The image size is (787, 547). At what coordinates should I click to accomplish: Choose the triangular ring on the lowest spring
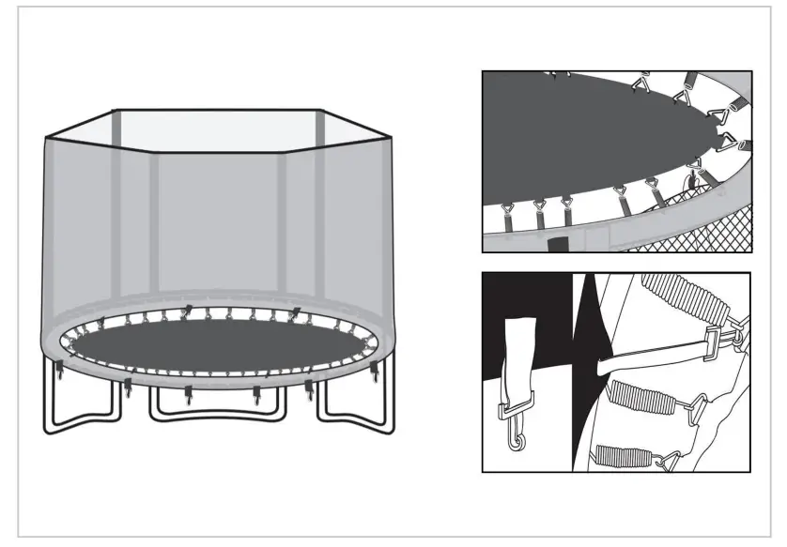(x=670, y=460)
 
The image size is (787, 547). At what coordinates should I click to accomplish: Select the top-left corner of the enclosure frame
(x=114, y=111)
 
